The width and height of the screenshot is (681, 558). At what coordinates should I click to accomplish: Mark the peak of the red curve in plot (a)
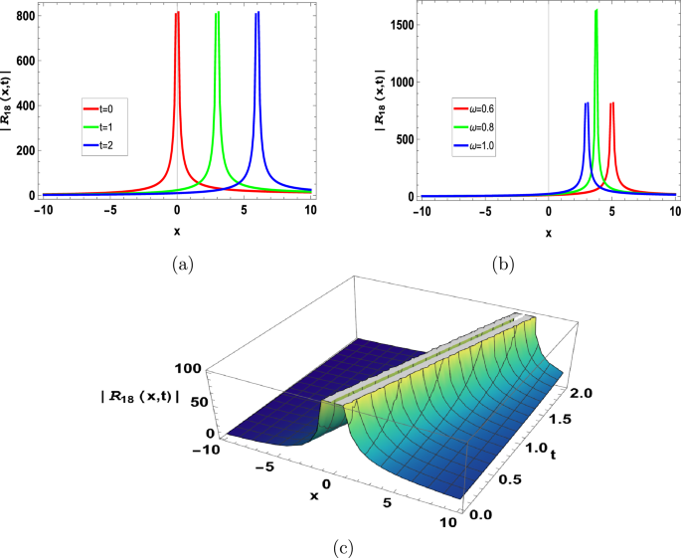(177, 14)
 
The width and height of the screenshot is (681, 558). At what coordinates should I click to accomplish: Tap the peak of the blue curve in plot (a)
(257, 14)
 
